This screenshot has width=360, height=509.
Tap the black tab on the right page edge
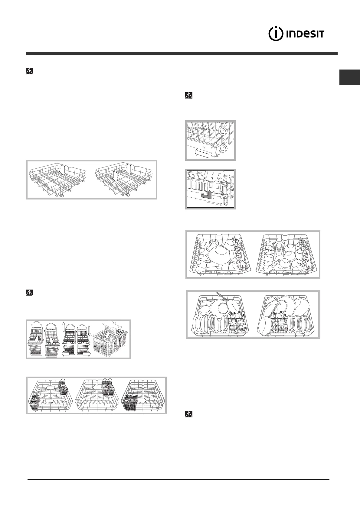[x=349, y=77]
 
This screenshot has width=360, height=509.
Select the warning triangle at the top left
[x=29, y=71]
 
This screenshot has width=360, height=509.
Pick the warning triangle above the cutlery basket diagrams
[x=29, y=293]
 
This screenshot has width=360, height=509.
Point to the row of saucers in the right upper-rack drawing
[x=280, y=247]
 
